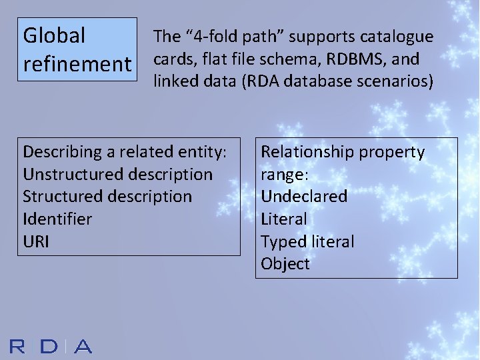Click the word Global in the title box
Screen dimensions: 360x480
(54, 35)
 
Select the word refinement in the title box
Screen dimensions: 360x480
(77, 65)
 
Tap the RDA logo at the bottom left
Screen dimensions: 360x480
(51, 346)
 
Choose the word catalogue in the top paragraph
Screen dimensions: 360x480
(399, 37)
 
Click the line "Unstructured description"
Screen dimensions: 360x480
(117, 175)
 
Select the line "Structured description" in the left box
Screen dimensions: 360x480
(107, 197)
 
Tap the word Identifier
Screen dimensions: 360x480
(57, 219)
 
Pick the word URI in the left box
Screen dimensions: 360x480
(36, 241)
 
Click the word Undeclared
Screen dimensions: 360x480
(304, 197)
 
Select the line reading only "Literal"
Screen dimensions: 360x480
(284, 219)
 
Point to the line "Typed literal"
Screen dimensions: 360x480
(307, 241)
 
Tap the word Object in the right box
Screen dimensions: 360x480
(285, 264)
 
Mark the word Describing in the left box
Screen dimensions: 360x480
(61, 152)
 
